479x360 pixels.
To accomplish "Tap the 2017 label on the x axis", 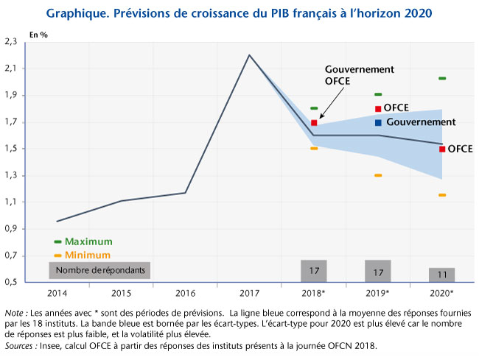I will click(249, 292).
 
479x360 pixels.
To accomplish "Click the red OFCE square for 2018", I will click(314, 123).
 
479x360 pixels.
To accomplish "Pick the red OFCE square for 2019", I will click(378, 109).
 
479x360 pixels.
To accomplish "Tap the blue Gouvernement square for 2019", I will click(378, 122).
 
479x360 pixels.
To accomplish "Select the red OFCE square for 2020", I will click(442, 149).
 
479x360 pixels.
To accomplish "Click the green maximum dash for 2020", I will click(442, 78).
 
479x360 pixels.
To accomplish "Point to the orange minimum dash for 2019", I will click(378, 175).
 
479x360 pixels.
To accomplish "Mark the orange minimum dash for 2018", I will click(314, 149).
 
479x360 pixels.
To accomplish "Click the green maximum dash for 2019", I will click(378, 94).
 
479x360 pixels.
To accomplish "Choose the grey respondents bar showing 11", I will click(442, 274).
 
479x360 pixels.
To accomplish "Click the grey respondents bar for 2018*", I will click(314, 270).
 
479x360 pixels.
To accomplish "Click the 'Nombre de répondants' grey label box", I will click(99, 270).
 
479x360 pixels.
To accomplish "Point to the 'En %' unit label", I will click(38, 35).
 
